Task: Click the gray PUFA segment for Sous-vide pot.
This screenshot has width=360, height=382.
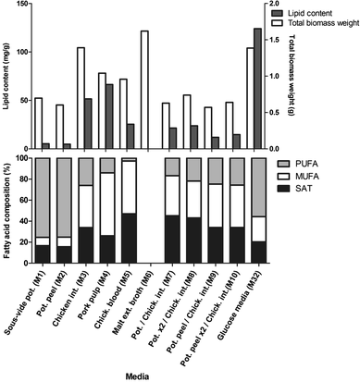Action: point(43,196)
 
